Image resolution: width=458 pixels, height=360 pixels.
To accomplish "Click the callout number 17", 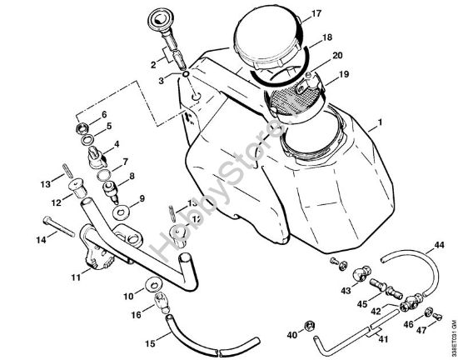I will click(x=293, y=14).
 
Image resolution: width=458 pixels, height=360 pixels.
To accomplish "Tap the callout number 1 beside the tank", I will click(x=381, y=123).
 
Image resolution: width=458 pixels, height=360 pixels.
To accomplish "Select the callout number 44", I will click(x=439, y=245).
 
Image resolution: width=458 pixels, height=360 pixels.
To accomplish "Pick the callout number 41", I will click(x=382, y=340).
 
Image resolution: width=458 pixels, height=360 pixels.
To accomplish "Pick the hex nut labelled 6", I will click(x=87, y=130).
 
